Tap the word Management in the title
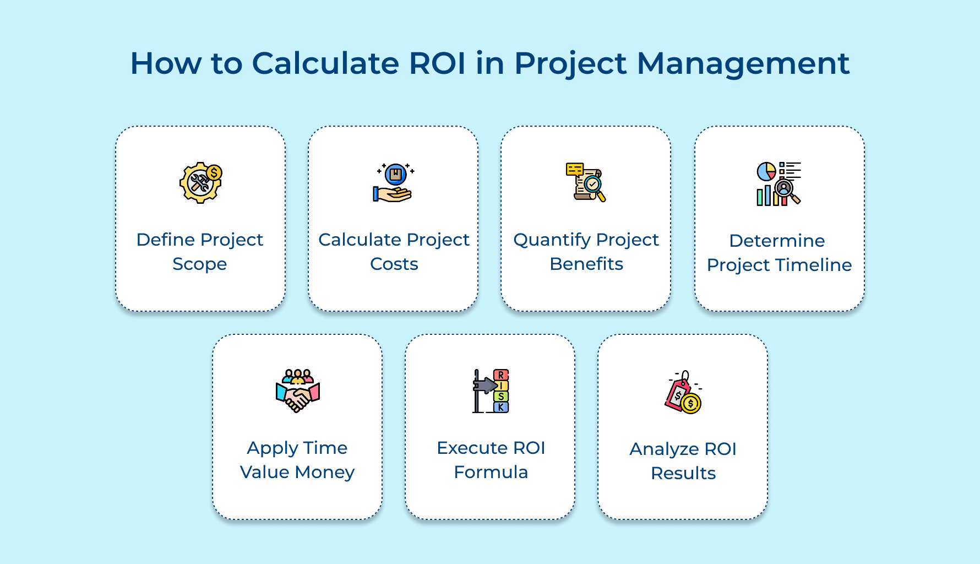(x=743, y=63)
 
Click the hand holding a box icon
(x=394, y=183)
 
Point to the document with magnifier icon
(x=586, y=182)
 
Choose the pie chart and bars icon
(x=778, y=184)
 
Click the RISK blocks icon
(x=491, y=391)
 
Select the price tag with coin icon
(x=683, y=392)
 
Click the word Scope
(x=200, y=264)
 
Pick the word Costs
(x=394, y=264)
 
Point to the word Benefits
(x=586, y=264)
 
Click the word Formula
(x=491, y=473)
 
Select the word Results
(x=683, y=474)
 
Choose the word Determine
(x=777, y=241)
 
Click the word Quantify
(x=552, y=240)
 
